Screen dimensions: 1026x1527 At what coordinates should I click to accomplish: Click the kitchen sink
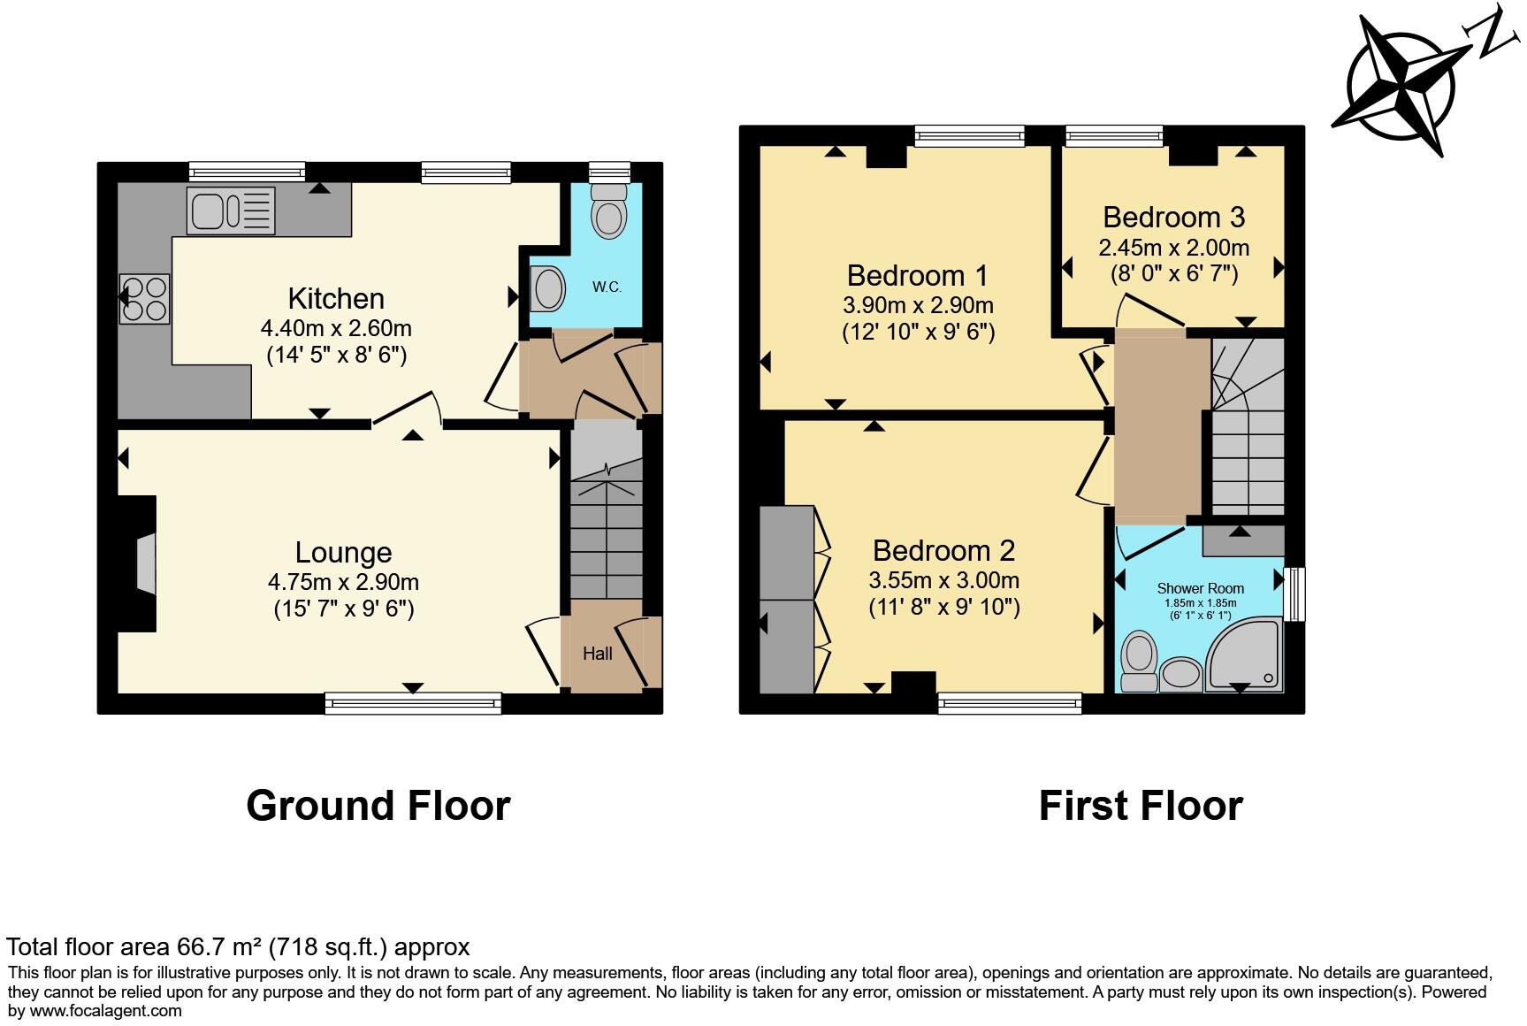[231, 211]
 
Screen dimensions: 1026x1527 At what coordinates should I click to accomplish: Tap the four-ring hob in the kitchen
[145, 299]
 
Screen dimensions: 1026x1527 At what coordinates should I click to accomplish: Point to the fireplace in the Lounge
[144, 563]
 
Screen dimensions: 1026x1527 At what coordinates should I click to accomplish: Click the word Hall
[598, 654]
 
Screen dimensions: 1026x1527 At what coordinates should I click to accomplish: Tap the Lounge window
[413, 703]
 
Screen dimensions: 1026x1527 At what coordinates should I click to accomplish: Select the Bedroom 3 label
[1173, 218]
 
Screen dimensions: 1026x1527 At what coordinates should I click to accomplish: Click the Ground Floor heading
[378, 806]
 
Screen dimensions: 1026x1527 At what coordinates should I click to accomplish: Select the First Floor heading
[1141, 806]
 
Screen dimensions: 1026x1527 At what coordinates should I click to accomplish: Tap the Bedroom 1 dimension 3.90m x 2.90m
[918, 306]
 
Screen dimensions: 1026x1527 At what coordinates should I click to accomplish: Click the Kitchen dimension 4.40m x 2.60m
[336, 329]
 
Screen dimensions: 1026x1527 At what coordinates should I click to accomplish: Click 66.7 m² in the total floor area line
[220, 947]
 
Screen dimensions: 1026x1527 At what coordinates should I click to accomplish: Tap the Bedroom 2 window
[1010, 703]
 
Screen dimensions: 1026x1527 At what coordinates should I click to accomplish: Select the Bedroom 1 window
[969, 136]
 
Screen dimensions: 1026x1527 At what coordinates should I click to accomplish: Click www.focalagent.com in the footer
[106, 1010]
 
